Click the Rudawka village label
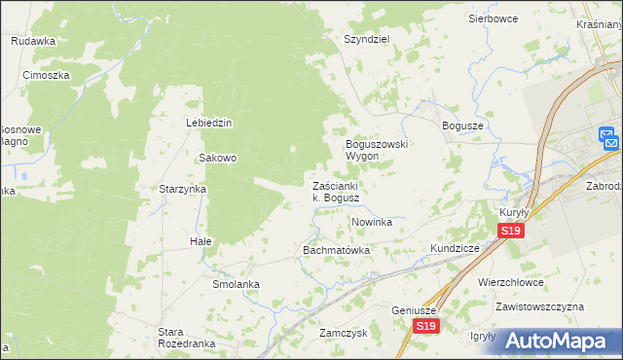point(33,41)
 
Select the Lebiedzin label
point(208,123)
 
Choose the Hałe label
point(201,240)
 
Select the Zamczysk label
point(342,332)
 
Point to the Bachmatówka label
point(337,250)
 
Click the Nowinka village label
point(371,222)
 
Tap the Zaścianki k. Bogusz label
point(336,192)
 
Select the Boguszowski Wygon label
point(377,150)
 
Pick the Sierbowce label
point(494,18)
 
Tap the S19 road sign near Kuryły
point(511,231)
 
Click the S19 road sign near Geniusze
point(423,326)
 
